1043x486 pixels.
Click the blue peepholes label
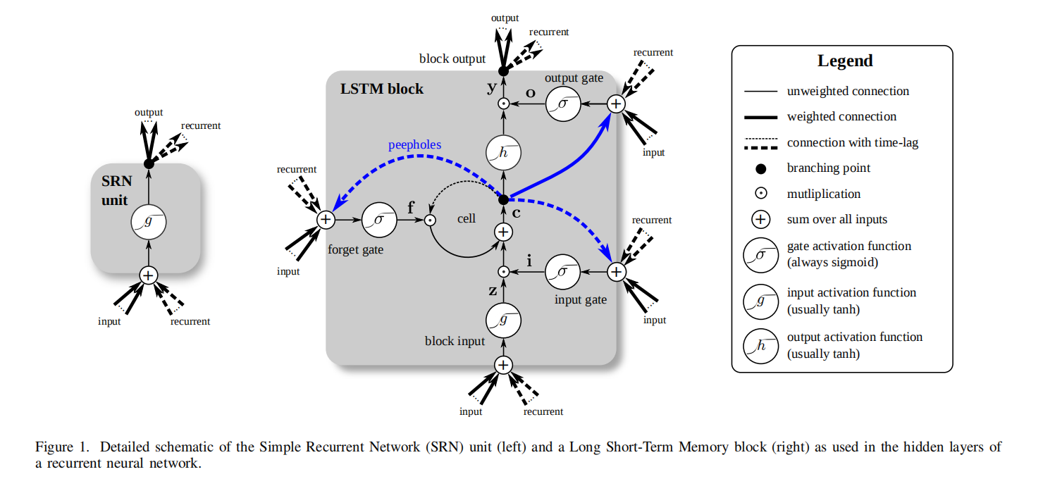click(x=414, y=144)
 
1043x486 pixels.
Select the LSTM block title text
click(x=382, y=89)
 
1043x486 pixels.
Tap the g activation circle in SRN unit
click(x=148, y=223)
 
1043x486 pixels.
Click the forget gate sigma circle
click(x=379, y=220)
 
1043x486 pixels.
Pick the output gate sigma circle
click(x=563, y=104)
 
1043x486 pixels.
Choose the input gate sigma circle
click(x=563, y=271)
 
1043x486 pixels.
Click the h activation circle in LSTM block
click(x=503, y=151)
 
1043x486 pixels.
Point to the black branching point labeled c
click(x=503, y=200)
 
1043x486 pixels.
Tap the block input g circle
click(x=503, y=320)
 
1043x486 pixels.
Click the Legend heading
click(x=845, y=61)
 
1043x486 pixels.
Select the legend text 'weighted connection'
click(x=841, y=116)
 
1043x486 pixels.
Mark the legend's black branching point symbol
click(x=760, y=168)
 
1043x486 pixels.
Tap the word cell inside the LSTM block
click(x=467, y=218)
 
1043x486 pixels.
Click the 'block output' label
click(x=452, y=58)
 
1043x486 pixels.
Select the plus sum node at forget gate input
click(x=326, y=220)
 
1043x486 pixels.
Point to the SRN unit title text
click(x=114, y=190)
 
